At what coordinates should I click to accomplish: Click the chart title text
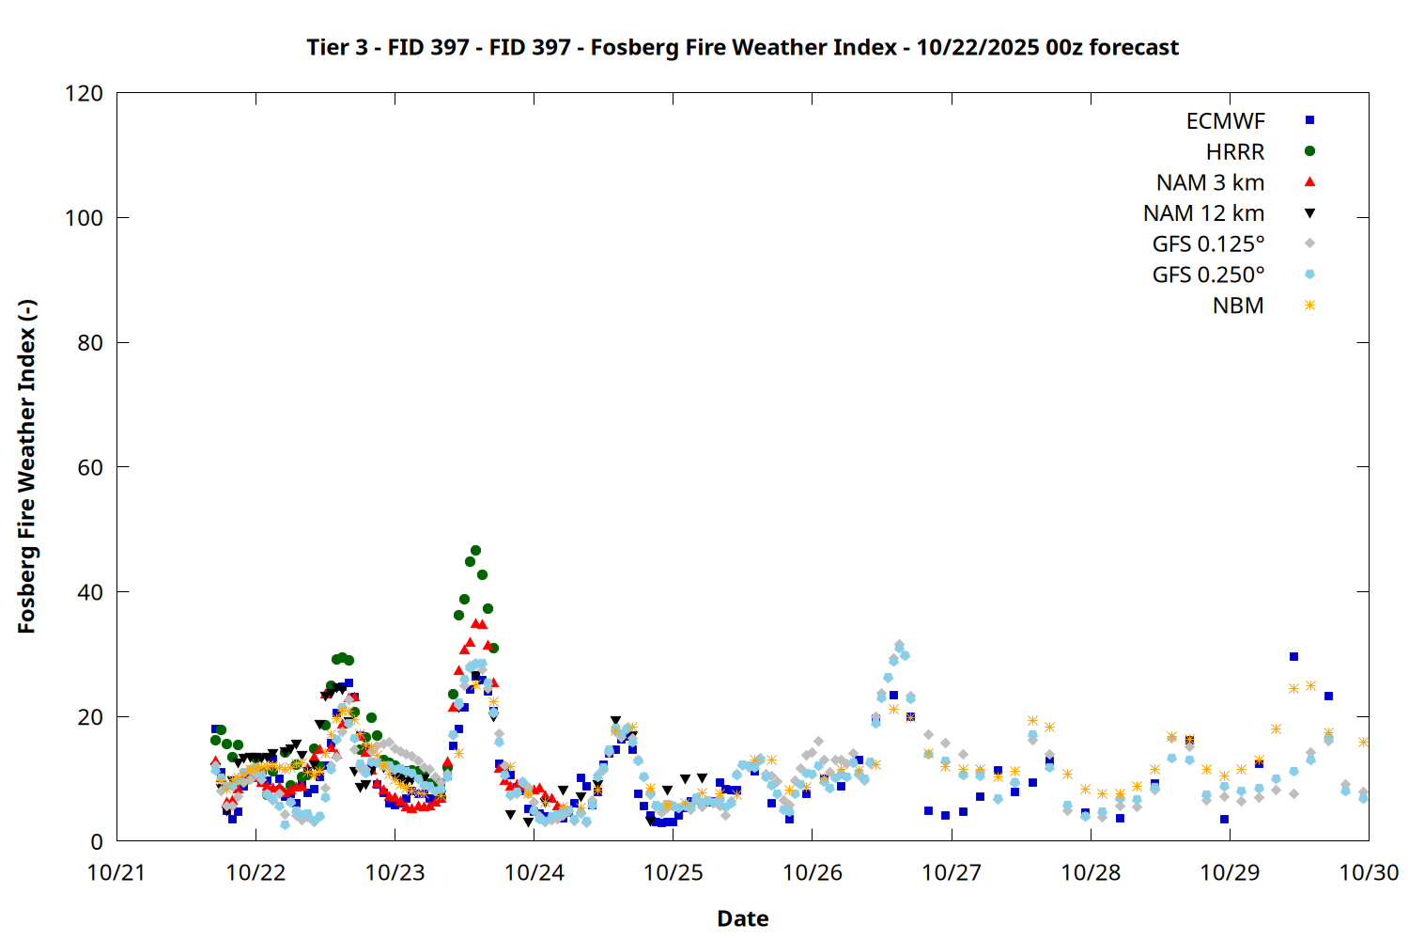pyautogui.click(x=742, y=47)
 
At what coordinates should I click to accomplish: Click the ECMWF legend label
pyautogui.click(x=1225, y=121)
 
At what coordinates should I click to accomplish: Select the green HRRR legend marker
pyautogui.click(x=1309, y=151)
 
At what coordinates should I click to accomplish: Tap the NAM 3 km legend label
pyautogui.click(x=1210, y=182)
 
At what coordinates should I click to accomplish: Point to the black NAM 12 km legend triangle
pyautogui.click(x=1309, y=213)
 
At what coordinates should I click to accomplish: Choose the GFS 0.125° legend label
pyautogui.click(x=1208, y=244)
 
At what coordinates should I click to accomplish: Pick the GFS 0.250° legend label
pyautogui.click(x=1208, y=275)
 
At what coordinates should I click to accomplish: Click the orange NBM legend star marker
pyautogui.click(x=1309, y=305)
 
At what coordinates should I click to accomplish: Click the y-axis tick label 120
pyautogui.click(x=85, y=93)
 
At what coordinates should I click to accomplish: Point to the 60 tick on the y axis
pyautogui.click(x=90, y=467)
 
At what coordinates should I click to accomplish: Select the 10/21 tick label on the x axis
pyautogui.click(x=116, y=872)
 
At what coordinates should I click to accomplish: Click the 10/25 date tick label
pyautogui.click(x=674, y=872)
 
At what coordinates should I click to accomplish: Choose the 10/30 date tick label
pyautogui.click(x=1369, y=872)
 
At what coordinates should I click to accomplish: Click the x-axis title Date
pyautogui.click(x=742, y=918)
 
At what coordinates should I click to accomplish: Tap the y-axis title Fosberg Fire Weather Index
pyautogui.click(x=26, y=467)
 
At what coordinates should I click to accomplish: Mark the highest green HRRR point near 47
pyautogui.click(x=475, y=551)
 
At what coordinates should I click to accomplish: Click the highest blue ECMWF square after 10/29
pyautogui.click(x=1293, y=657)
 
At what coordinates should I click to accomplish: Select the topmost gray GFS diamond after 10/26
pyautogui.click(x=899, y=645)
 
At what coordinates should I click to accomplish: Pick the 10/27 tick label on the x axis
pyautogui.click(x=952, y=872)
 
